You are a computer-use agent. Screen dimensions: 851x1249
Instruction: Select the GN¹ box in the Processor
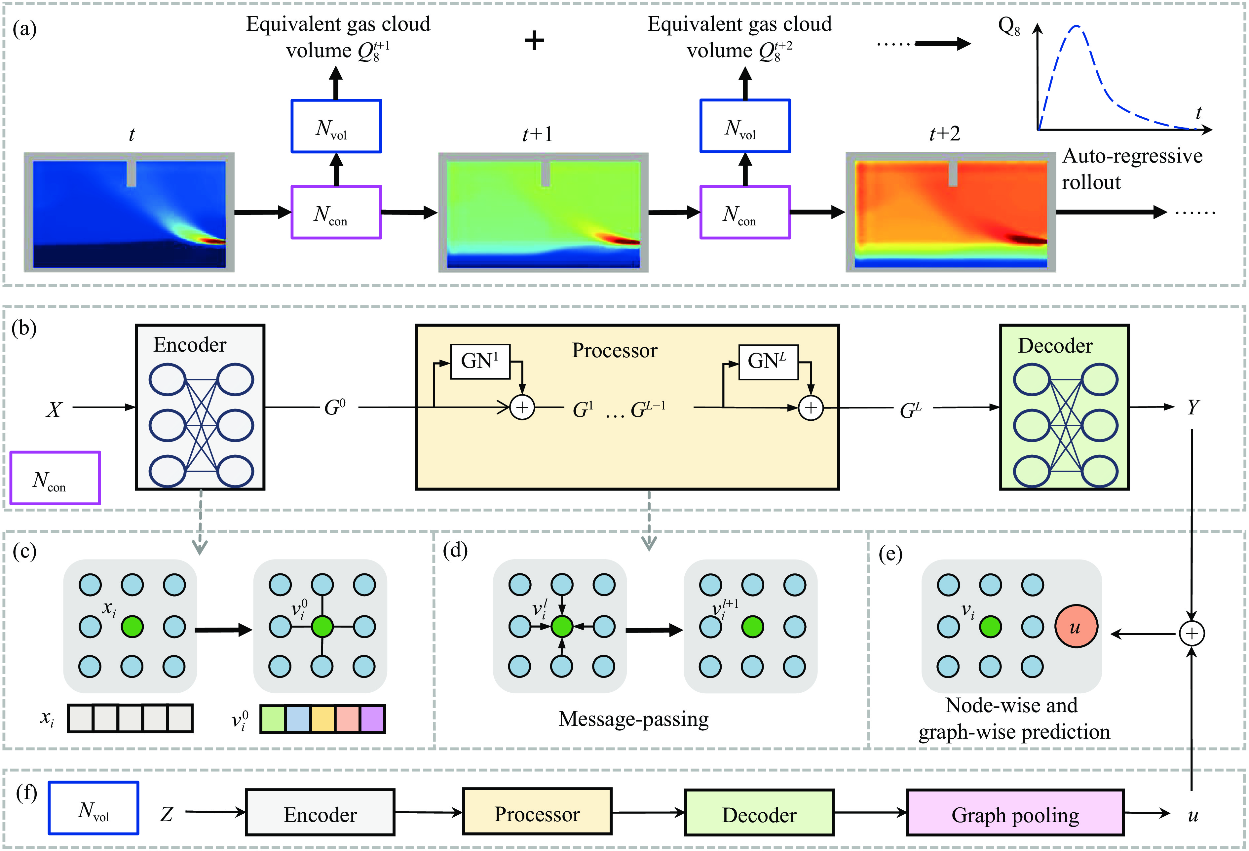coord(479,361)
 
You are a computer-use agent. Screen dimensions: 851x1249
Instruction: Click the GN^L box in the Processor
coord(768,361)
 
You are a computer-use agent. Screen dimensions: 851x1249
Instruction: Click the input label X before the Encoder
coord(54,410)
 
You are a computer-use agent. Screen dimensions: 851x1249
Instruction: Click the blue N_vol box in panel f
coord(94,808)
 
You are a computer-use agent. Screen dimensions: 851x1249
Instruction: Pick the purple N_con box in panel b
coord(55,478)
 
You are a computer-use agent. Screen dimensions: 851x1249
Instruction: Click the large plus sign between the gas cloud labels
coord(534,40)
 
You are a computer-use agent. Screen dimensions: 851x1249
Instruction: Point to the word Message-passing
coord(633,719)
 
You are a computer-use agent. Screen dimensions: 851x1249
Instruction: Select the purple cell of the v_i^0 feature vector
coord(372,719)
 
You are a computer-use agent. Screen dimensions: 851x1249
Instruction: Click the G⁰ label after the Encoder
coord(335,407)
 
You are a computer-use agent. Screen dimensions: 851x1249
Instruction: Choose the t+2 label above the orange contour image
coord(944,133)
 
